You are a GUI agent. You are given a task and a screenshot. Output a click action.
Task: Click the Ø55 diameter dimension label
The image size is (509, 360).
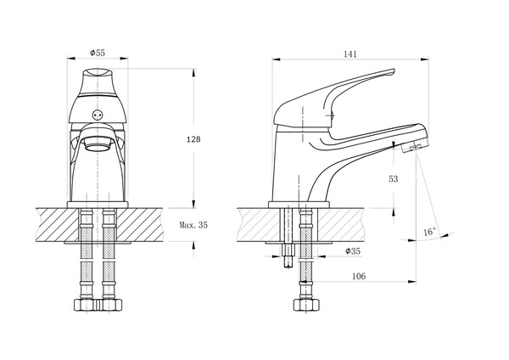click(98, 53)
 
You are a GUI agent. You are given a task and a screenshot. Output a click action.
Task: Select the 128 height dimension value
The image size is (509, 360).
click(193, 139)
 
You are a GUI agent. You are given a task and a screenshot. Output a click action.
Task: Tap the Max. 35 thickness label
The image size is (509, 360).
click(193, 225)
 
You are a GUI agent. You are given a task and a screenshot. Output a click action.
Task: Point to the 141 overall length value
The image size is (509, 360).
click(350, 54)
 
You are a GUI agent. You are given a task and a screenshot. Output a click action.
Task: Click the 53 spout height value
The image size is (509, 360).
click(393, 179)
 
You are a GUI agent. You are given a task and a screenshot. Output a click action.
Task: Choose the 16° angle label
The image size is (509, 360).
click(430, 232)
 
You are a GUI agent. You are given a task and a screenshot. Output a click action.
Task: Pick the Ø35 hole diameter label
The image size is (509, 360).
click(353, 250)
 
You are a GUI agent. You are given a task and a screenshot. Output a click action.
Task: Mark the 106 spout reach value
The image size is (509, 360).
click(359, 276)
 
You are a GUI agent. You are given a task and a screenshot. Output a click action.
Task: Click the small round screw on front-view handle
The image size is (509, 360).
click(98, 115)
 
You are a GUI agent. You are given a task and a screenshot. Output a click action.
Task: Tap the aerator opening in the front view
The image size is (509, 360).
click(98, 144)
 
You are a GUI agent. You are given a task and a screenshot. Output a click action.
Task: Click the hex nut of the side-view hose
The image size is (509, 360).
click(306, 305)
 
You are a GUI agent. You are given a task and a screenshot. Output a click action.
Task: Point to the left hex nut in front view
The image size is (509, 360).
click(86, 305)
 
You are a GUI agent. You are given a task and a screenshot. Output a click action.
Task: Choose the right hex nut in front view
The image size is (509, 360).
click(110, 305)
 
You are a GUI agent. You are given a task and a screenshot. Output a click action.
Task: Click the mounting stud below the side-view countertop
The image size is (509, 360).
click(288, 255)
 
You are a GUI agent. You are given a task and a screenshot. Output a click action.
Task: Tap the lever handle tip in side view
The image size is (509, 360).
click(393, 70)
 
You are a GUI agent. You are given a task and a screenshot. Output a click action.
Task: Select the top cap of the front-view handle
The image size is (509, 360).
click(98, 72)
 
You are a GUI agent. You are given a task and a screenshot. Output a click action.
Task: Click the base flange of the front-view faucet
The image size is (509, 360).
click(98, 205)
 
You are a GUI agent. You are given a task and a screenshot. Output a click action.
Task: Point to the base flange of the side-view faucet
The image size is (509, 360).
click(299, 205)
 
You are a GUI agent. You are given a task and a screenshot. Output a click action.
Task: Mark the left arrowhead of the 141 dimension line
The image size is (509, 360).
click(276, 59)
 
